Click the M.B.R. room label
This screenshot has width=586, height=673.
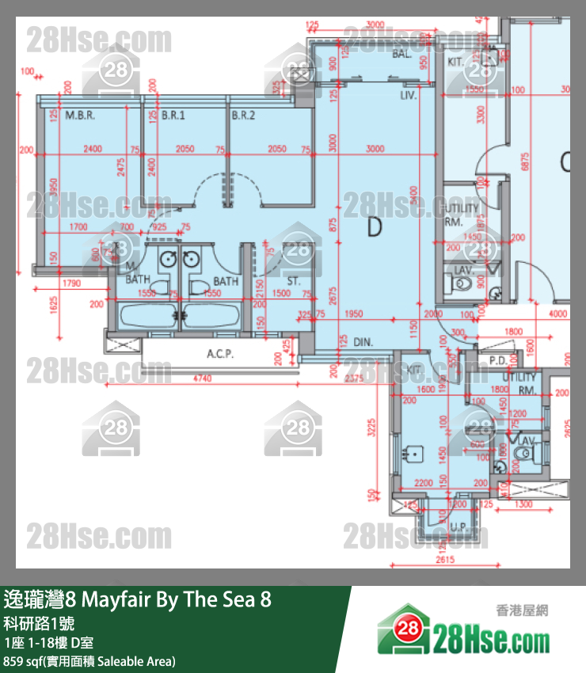tap(80, 116)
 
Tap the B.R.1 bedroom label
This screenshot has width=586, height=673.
tap(173, 116)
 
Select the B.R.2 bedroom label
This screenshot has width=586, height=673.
tap(244, 116)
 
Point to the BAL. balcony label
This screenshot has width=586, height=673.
tap(401, 55)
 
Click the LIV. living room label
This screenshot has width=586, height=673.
tap(409, 94)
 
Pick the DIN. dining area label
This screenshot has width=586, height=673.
tap(363, 342)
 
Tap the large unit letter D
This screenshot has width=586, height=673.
tap(375, 227)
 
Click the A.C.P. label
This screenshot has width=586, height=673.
tap(219, 354)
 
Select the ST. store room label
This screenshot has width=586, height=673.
tap(293, 281)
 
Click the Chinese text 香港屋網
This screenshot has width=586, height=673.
tap(522, 610)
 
